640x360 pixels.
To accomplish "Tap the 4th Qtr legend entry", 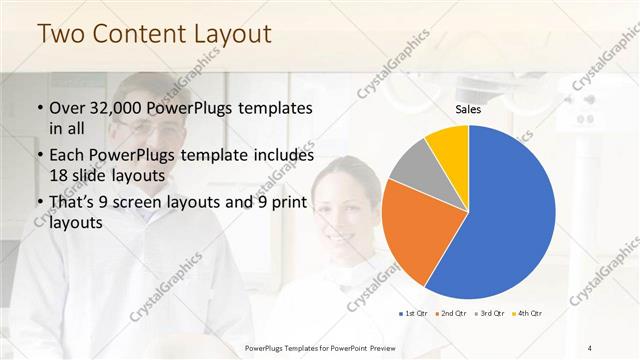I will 529,314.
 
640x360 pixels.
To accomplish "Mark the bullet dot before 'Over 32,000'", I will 40,108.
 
